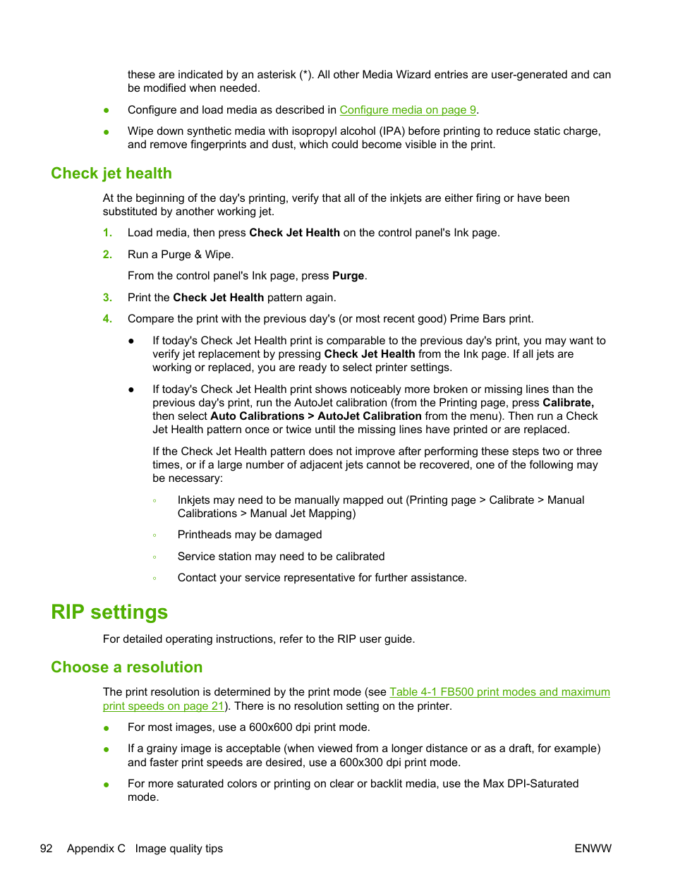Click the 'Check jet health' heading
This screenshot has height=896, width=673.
[111, 174]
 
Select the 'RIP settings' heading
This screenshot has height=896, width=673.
[109, 612]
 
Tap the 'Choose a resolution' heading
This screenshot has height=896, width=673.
[127, 667]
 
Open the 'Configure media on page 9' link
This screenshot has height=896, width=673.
[408, 110]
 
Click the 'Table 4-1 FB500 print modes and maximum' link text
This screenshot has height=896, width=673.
[499, 692]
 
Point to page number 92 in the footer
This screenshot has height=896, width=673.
[47, 849]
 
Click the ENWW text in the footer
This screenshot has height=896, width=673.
[593, 849]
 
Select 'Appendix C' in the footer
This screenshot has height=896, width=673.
[96, 849]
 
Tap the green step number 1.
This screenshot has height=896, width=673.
[107, 233]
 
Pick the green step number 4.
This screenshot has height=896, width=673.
[107, 319]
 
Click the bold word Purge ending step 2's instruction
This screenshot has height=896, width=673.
[348, 276]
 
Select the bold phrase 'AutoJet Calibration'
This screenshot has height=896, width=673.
[370, 416]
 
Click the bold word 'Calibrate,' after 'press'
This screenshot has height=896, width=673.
[568, 403]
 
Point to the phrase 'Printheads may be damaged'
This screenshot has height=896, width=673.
[250, 535]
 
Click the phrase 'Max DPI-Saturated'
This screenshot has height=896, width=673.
[530, 784]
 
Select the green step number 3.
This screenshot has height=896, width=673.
[107, 298]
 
